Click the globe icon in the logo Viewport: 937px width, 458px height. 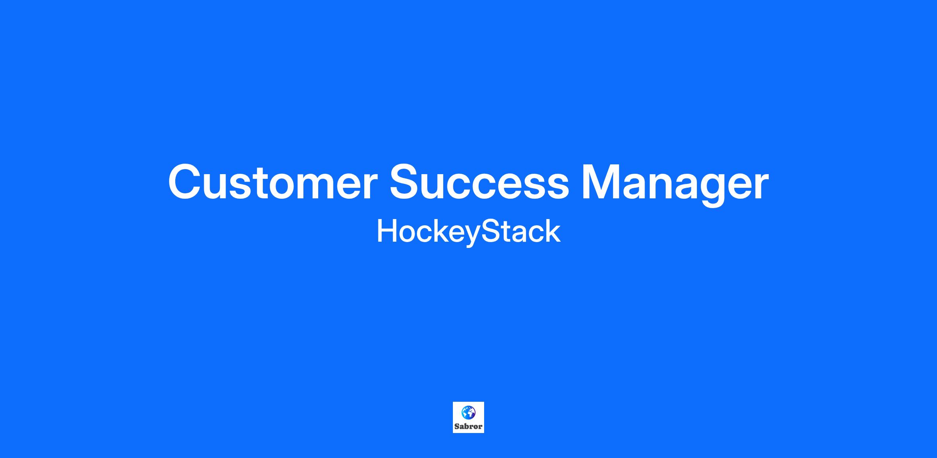click(468, 412)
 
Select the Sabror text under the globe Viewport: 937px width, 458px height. click(468, 426)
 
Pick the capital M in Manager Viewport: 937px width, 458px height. click(602, 182)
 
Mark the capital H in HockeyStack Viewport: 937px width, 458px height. click(388, 231)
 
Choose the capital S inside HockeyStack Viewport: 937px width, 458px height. click(490, 231)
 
